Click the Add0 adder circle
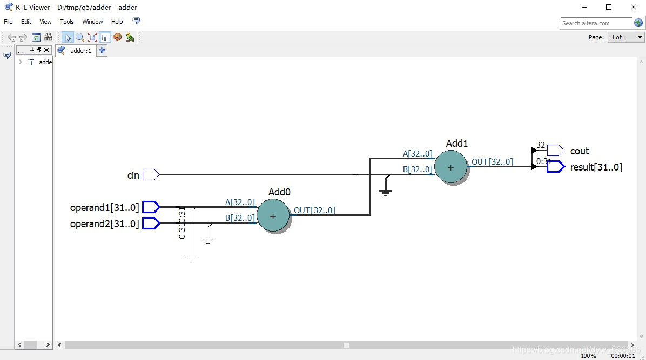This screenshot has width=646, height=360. coord(273,216)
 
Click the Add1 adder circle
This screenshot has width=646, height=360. coord(451,167)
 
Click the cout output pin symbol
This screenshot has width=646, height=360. coord(555,151)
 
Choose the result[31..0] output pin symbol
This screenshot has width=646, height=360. coord(555,167)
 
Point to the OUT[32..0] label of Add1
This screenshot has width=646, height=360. coord(492,162)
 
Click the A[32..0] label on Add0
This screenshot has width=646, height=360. coord(240,202)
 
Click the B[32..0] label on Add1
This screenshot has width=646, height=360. coord(418,169)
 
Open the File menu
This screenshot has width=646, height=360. coord(8,22)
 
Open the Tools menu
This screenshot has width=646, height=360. coord(67,22)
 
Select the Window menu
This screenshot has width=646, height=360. coord(92,22)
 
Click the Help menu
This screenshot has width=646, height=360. coord(117,22)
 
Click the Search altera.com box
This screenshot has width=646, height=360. coord(596,23)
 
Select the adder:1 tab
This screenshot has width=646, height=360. coord(80,51)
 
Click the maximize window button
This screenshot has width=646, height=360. coord(609,7)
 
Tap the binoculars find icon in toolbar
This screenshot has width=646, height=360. coord(49,37)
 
